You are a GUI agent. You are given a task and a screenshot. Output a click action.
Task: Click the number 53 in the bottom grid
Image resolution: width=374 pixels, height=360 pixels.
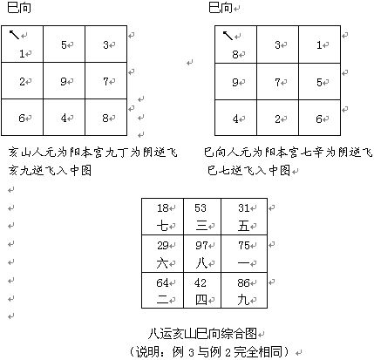point(201,208)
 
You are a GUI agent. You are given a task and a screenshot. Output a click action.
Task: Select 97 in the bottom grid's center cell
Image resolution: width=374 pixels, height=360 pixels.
point(201,246)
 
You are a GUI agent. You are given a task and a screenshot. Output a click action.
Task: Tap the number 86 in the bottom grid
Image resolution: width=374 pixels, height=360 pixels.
point(243,282)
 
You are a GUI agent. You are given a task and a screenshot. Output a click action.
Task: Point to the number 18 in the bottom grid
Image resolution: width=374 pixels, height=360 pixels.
point(163,208)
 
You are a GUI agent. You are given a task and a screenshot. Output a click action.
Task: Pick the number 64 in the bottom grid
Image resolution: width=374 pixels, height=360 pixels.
point(163,282)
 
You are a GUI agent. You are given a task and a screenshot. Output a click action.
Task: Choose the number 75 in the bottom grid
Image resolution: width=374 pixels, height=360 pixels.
point(244,246)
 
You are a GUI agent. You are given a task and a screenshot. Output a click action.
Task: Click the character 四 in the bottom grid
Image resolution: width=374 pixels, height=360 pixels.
point(201,300)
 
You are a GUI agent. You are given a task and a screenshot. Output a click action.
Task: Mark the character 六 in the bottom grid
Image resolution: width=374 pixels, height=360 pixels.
point(162,263)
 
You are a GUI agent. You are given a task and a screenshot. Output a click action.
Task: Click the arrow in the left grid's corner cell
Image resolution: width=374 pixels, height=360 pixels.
point(14,35)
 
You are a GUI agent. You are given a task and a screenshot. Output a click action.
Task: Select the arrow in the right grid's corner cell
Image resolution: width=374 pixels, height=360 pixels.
point(228,35)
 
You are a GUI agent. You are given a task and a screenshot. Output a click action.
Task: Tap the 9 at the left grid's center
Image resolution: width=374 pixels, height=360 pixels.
point(64,81)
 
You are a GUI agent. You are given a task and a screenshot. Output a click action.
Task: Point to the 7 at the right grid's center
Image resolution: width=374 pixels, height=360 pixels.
point(278,82)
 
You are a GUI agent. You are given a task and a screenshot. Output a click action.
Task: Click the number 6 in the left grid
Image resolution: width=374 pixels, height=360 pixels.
point(22,118)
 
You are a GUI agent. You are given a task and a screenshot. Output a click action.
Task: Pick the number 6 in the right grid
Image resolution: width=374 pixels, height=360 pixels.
point(319,119)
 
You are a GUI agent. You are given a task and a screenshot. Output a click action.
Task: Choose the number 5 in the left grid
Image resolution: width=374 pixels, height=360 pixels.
point(64,44)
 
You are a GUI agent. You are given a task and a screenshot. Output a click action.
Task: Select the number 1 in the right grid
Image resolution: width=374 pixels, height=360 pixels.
point(319,45)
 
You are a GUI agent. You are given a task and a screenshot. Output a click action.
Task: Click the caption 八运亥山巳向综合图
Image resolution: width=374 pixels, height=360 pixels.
point(202,334)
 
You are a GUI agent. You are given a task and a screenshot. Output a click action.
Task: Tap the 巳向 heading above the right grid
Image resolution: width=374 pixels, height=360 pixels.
point(221,8)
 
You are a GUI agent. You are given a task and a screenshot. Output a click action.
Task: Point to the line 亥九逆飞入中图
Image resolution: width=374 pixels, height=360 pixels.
point(50,170)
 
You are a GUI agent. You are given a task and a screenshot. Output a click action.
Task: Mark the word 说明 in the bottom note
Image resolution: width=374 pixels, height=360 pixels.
point(148,352)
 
